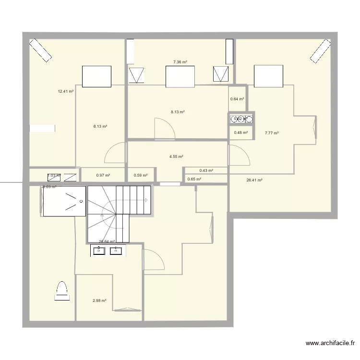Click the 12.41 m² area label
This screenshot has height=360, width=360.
pos(65,91)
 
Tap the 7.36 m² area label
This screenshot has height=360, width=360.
pos(180,62)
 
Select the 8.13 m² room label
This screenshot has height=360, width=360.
pos(178,112)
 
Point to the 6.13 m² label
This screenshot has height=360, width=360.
pos(100,127)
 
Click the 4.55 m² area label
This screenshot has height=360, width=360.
pos(176,156)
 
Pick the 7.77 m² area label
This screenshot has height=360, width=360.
pos(272,133)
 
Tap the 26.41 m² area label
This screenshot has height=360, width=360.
pos(254,180)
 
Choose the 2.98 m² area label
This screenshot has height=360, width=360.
pos(99,301)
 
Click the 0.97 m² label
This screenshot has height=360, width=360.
pos(103,175)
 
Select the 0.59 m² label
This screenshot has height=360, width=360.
pos(141,175)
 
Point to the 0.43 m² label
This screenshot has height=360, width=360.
pos(206,170)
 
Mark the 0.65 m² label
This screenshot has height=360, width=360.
pos(194,179)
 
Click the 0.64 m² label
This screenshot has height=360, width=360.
pos(237,99)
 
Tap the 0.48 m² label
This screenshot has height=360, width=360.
pos(241,132)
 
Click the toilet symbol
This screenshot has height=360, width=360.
pos(62,290)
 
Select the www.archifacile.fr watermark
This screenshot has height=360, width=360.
pos(330,343)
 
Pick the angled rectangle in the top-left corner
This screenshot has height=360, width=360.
pos(40,50)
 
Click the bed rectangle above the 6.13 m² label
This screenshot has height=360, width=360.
pos(97,77)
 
